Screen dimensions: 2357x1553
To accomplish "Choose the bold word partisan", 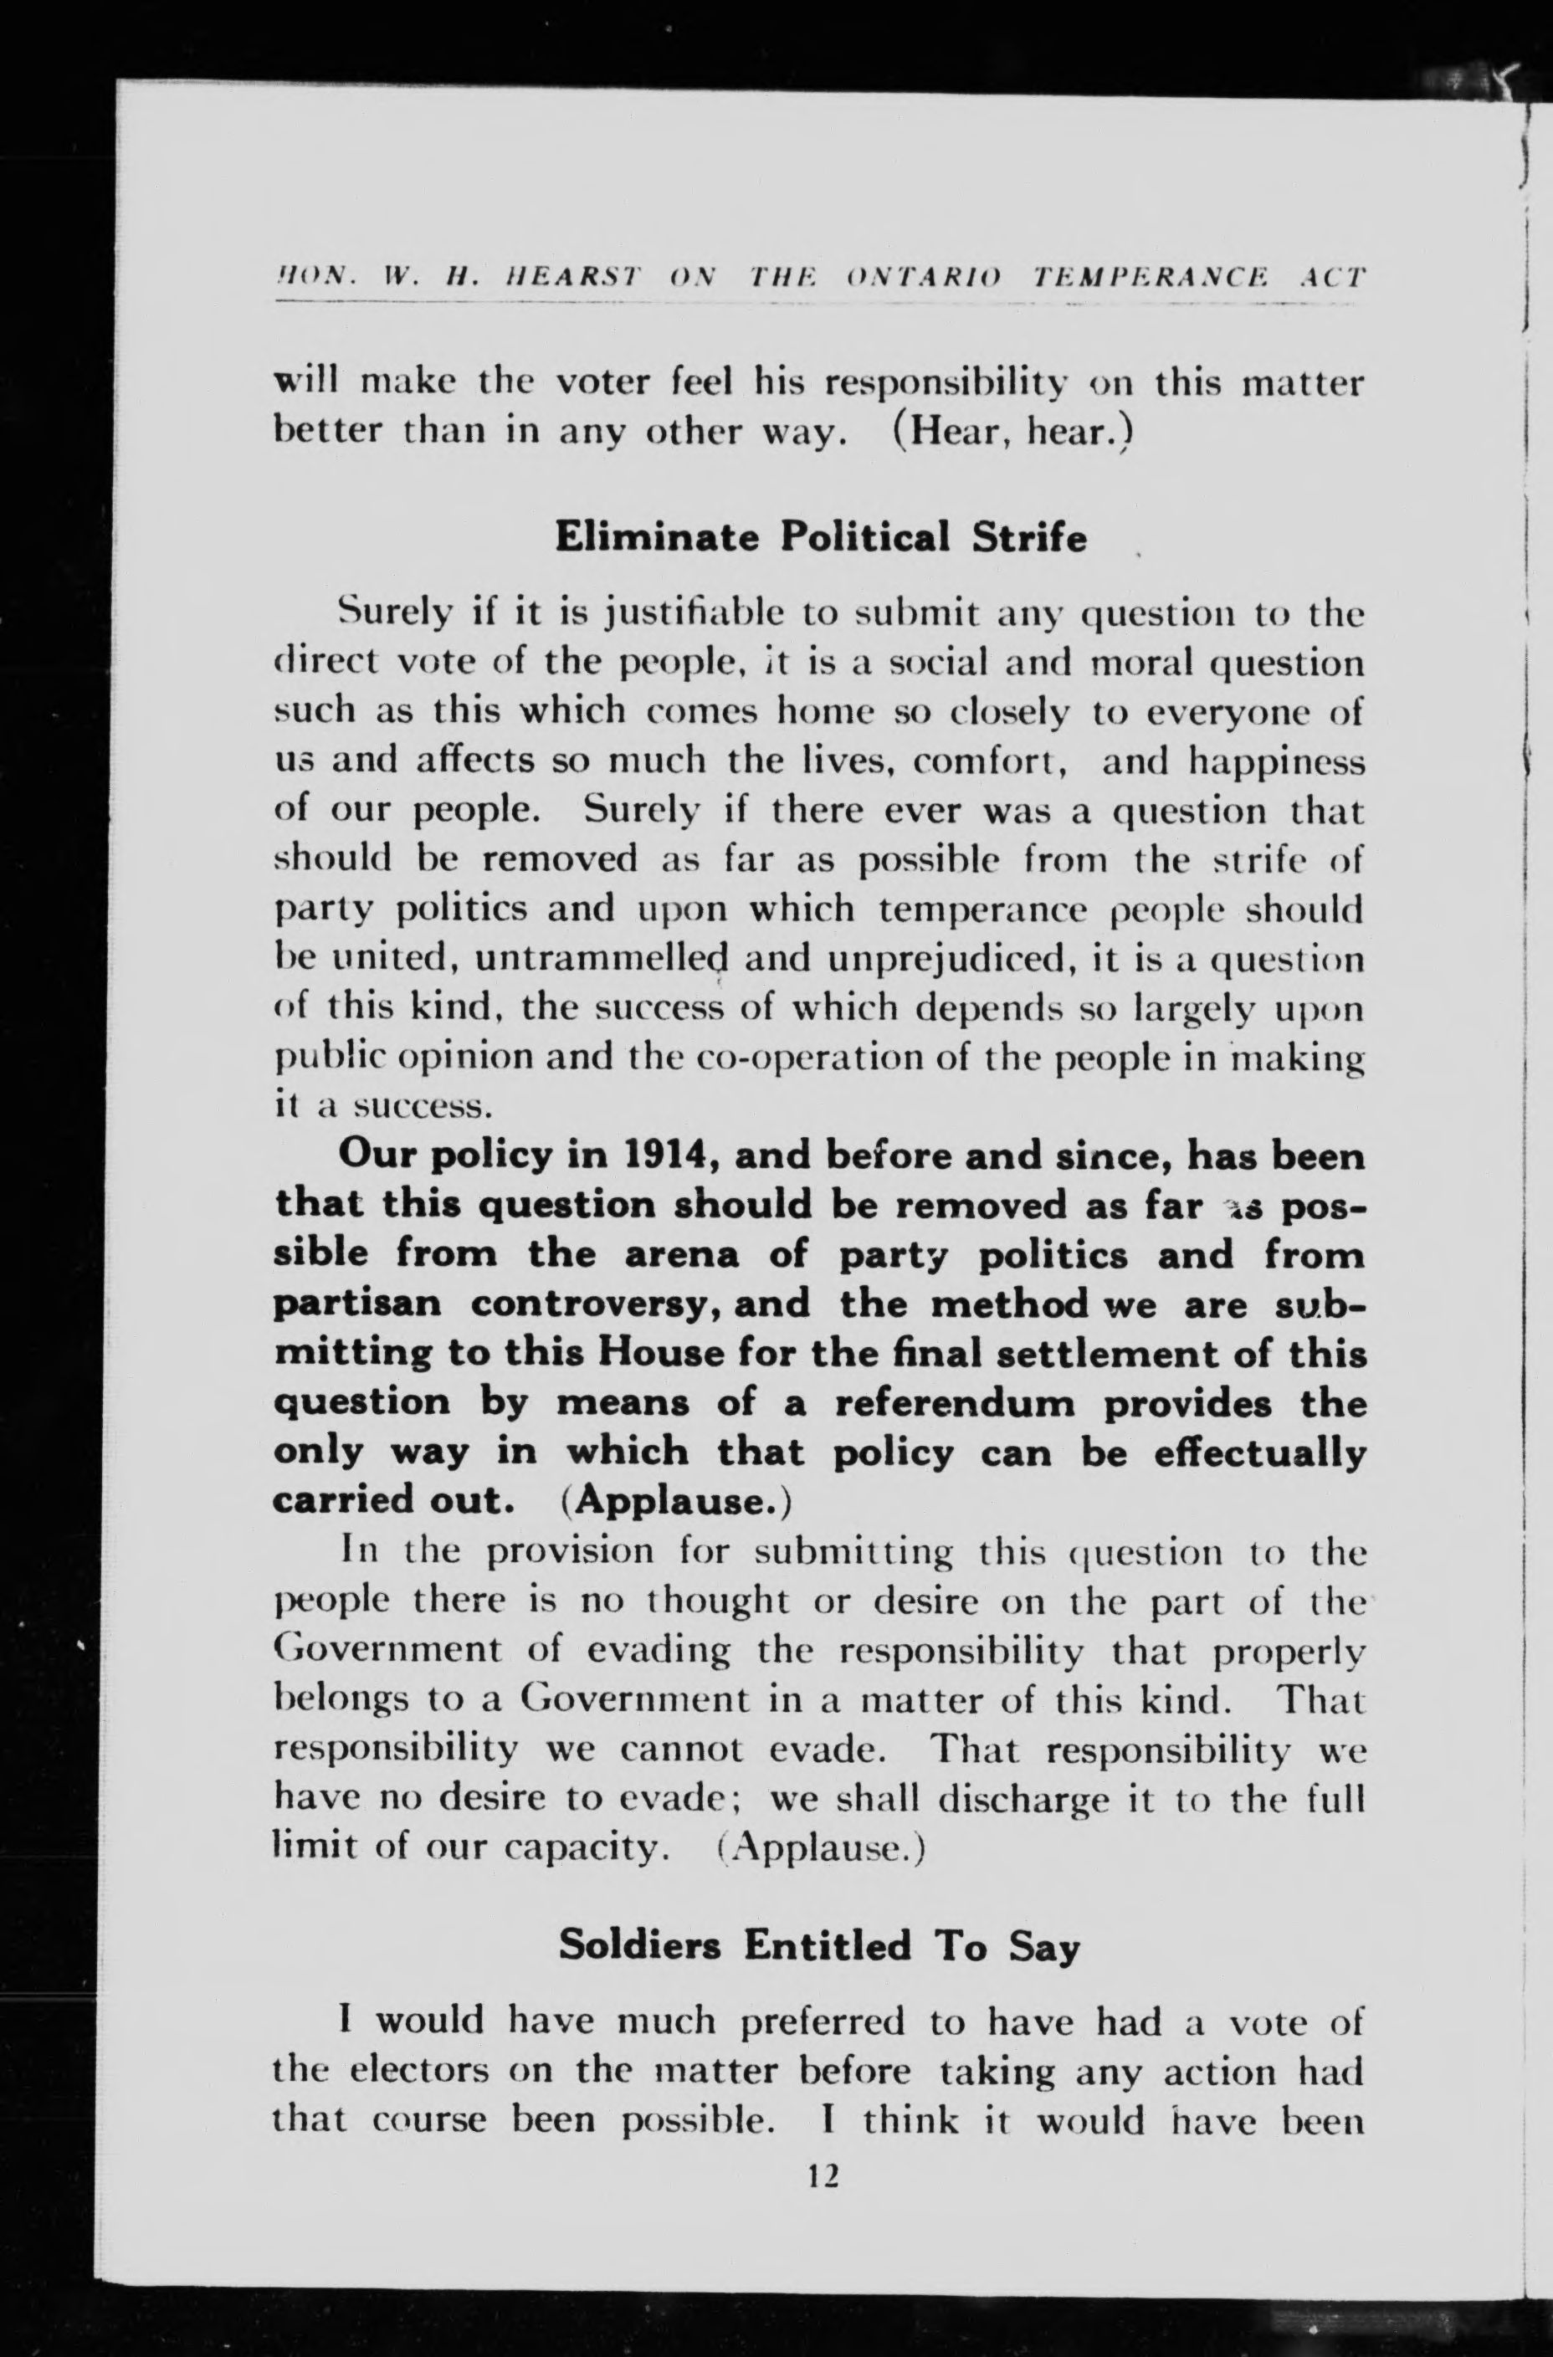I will click(356, 1304).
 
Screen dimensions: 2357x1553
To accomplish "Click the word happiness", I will click(1276, 762).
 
